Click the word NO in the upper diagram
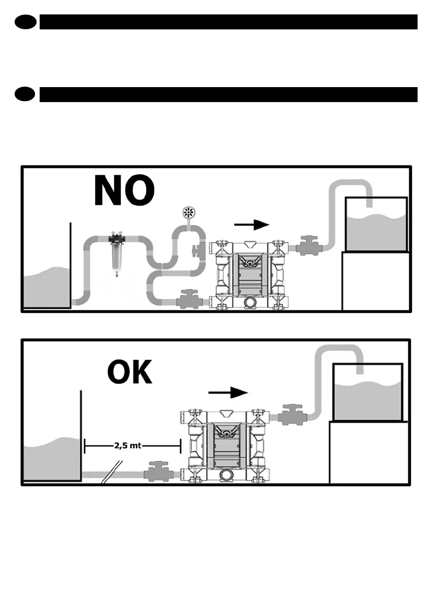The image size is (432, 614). [124, 191]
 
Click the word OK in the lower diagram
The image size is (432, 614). [130, 372]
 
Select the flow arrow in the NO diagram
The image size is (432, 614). [252, 224]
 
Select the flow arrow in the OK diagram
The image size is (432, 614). [229, 392]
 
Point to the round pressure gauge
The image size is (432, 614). [188, 212]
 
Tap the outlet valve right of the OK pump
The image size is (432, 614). [294, 414]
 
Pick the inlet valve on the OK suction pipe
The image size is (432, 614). [157, 472]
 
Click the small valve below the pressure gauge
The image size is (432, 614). [196, 251]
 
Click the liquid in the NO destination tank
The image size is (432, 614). [376, 233]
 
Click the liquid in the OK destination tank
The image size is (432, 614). [367, 401]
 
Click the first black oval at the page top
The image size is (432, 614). [25, 22]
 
